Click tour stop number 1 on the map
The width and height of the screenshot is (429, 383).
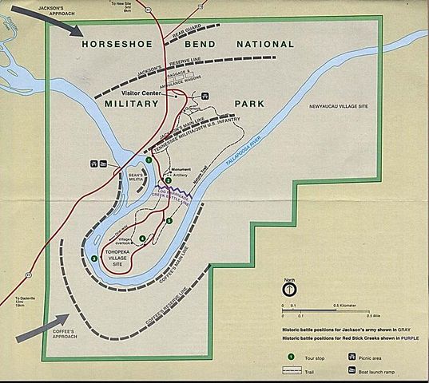[x=149, y=161]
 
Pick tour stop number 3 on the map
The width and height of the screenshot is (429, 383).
[x=94, y=258]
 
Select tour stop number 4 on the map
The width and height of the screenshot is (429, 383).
[x=142, y=238]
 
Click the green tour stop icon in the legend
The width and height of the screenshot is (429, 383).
[x=291, y=356]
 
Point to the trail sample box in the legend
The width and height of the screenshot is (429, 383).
[x=291, y=371]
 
